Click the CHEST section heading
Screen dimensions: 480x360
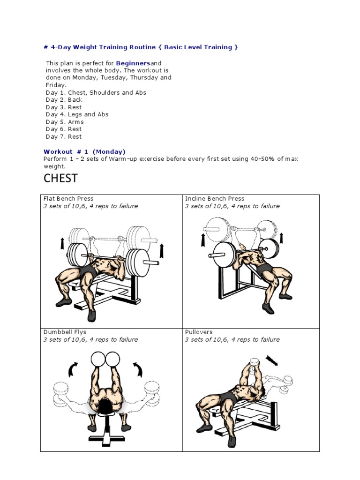point(60,178)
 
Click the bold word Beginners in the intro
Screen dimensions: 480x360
point(133,63)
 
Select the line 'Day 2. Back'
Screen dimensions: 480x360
point(64,100)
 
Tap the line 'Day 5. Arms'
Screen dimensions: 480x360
point(64,122)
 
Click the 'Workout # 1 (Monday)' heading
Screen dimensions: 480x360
point(84,151)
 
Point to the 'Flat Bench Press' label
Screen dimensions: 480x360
point(68,199)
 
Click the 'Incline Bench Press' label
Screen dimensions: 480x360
point(215,199)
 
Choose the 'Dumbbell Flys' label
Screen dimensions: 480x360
point(65,332)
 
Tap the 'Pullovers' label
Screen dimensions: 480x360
point(199,332)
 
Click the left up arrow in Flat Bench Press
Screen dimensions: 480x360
point(62,244)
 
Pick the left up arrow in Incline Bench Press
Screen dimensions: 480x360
point(203,240)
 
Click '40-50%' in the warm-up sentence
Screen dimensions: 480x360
point(263,159)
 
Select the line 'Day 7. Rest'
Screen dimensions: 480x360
point(64,137)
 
